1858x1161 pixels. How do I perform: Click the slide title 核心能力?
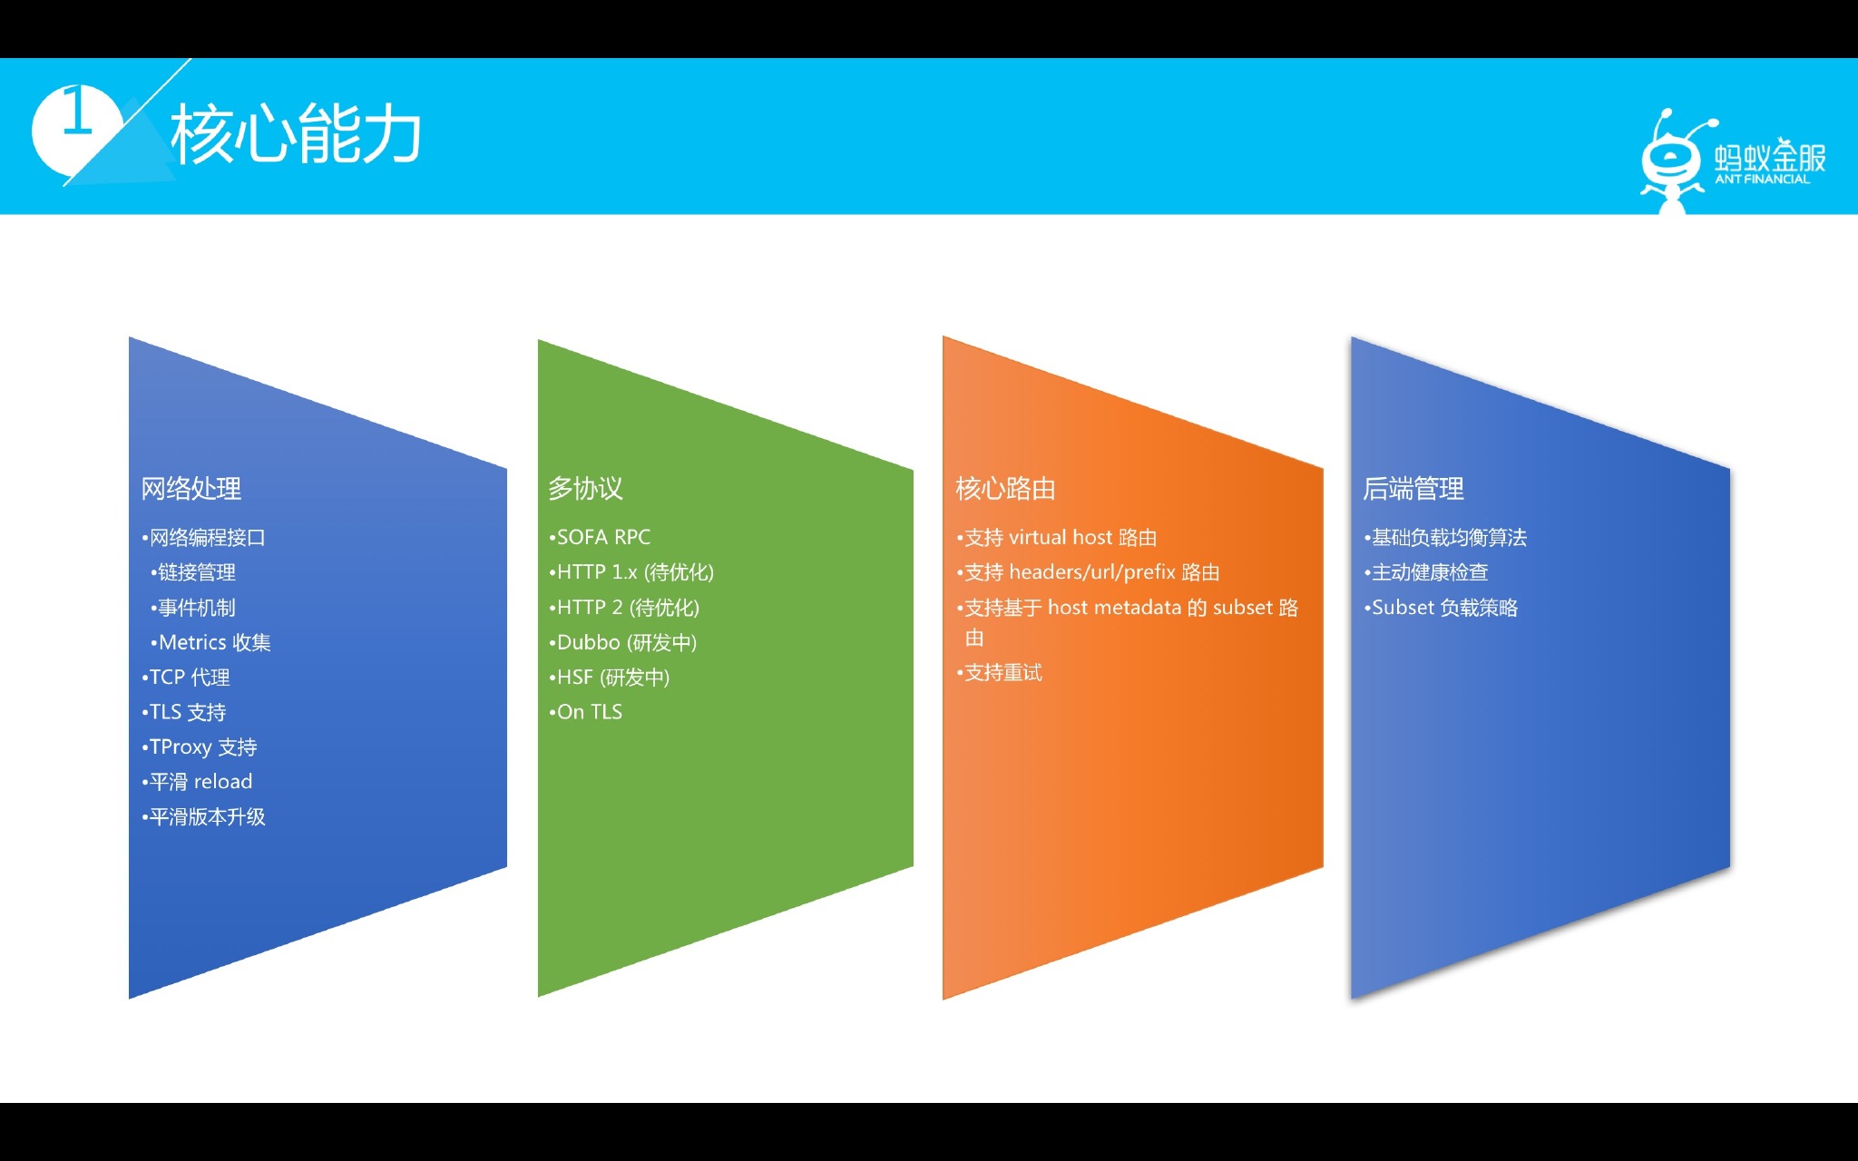[x=296, y=134]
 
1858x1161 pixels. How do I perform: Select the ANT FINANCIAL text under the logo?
[x=1762, y=180]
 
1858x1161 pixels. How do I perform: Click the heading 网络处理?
[x=191, y=489]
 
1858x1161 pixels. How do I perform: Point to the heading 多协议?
[x=586, y=489]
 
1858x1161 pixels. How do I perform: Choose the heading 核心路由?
[x=1006, y=489]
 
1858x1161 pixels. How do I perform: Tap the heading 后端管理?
[x=1413, y=489]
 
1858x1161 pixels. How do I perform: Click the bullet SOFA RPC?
[x=600, y=537]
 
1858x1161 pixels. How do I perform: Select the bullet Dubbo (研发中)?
[x=623, y=642]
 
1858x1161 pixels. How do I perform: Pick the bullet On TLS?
[x=586, y=712]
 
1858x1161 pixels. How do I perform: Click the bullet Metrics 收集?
[x=211, y=642]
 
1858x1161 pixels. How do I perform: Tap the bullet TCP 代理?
[x=186, y=678]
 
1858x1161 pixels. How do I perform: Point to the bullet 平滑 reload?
[x=197, y=782]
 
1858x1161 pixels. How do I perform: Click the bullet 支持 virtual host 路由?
[x=1057, y=538]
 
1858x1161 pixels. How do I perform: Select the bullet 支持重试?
[x=1000, y=673]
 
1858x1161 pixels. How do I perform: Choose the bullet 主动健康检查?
[x=1426, y=572]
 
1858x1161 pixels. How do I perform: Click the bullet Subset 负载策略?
[x=1441, y=608]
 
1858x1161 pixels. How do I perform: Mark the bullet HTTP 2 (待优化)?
[x=624, y=608]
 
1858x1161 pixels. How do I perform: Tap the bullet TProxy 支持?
[x=200, y=747]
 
